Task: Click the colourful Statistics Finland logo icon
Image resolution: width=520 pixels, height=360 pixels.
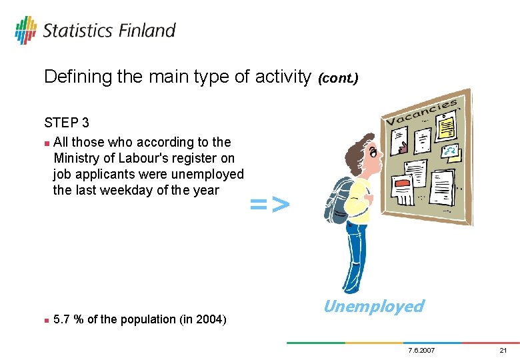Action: coord(25,30)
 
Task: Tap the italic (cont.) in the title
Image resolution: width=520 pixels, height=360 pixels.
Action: coord(338,79)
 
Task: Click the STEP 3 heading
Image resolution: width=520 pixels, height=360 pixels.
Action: coord(67,123)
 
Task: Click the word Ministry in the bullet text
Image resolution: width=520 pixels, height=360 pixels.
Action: coord(79,158)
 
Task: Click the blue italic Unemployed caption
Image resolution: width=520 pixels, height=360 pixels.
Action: coord(373,306)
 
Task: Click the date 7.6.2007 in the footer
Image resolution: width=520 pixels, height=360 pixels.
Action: coord(420,351)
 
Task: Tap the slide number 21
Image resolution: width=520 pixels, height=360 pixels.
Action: coord(503,351)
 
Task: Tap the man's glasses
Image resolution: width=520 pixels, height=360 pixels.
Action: coord(374,153)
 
